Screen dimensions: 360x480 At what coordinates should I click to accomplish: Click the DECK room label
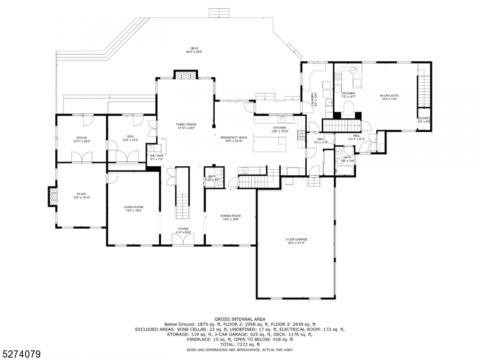tap(194, 49)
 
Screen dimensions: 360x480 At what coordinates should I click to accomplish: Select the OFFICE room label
tap(82, 139)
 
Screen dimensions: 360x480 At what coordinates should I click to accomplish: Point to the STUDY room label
tap(82, 195)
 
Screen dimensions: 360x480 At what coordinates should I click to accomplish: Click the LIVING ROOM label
tap(133, 208)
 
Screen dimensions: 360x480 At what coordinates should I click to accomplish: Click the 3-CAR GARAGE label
tap(296, 240)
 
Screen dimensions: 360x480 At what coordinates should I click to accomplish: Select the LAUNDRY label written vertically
tap(313, 99)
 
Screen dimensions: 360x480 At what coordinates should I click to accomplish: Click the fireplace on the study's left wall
tap(52, 195)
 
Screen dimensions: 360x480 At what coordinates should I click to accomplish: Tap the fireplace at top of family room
tap(182, 74)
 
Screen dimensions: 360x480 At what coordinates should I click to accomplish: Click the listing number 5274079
tap(20, 355)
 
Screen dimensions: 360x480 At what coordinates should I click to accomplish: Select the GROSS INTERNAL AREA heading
tap(240, 319)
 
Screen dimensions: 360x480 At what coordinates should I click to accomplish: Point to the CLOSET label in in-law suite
tap(424, 119)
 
